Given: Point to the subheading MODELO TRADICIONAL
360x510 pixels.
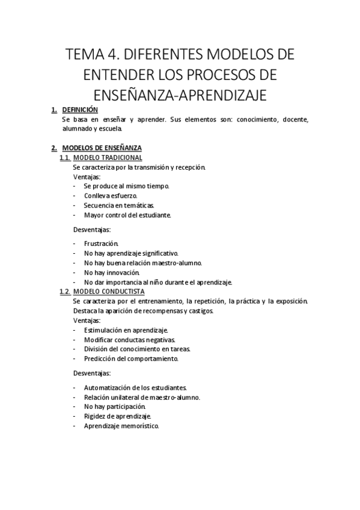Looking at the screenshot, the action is pyautogui.click(x=111, y=158).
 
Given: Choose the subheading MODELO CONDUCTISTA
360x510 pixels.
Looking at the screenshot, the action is pyautogui.click(x=111, y=292).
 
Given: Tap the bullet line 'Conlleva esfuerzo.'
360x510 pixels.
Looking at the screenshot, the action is pyautogui.click(x=111, y=195).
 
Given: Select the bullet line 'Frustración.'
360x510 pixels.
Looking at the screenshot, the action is pyautogui.click(x=101, y=244).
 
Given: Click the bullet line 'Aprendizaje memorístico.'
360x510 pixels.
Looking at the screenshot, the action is pyautogui.click(x=121, y=425).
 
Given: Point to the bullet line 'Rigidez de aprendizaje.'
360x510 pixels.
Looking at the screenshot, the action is pyautogui.click(x=117, y=416).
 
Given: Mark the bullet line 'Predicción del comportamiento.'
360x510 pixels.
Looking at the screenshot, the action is pyautogui.click(x=131, y=358).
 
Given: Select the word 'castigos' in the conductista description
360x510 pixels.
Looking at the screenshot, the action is pyautogui.click(x=199, y=311).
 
